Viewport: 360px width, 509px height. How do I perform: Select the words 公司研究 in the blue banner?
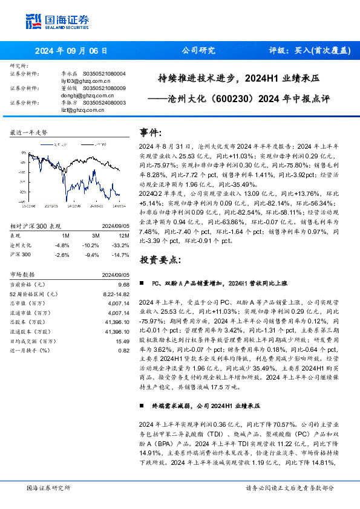pyautogui.click(x=198, y=51)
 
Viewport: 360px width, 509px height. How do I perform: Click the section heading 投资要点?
pyautogui.click(x=160, y=259)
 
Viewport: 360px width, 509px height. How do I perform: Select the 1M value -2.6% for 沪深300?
pyautogui.click(x=62, y=254)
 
